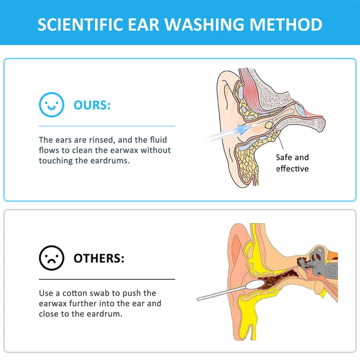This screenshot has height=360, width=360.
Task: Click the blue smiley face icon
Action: click(51, 105)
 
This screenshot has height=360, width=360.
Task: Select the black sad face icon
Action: click(51, 258)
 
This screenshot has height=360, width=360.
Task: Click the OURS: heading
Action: click(92, 105)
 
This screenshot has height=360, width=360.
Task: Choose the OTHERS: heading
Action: click(98, 258)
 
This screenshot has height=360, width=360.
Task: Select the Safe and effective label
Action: click(292, 163)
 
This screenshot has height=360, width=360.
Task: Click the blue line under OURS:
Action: click(107, 126)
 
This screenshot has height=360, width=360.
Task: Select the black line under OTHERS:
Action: click(107, 279)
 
